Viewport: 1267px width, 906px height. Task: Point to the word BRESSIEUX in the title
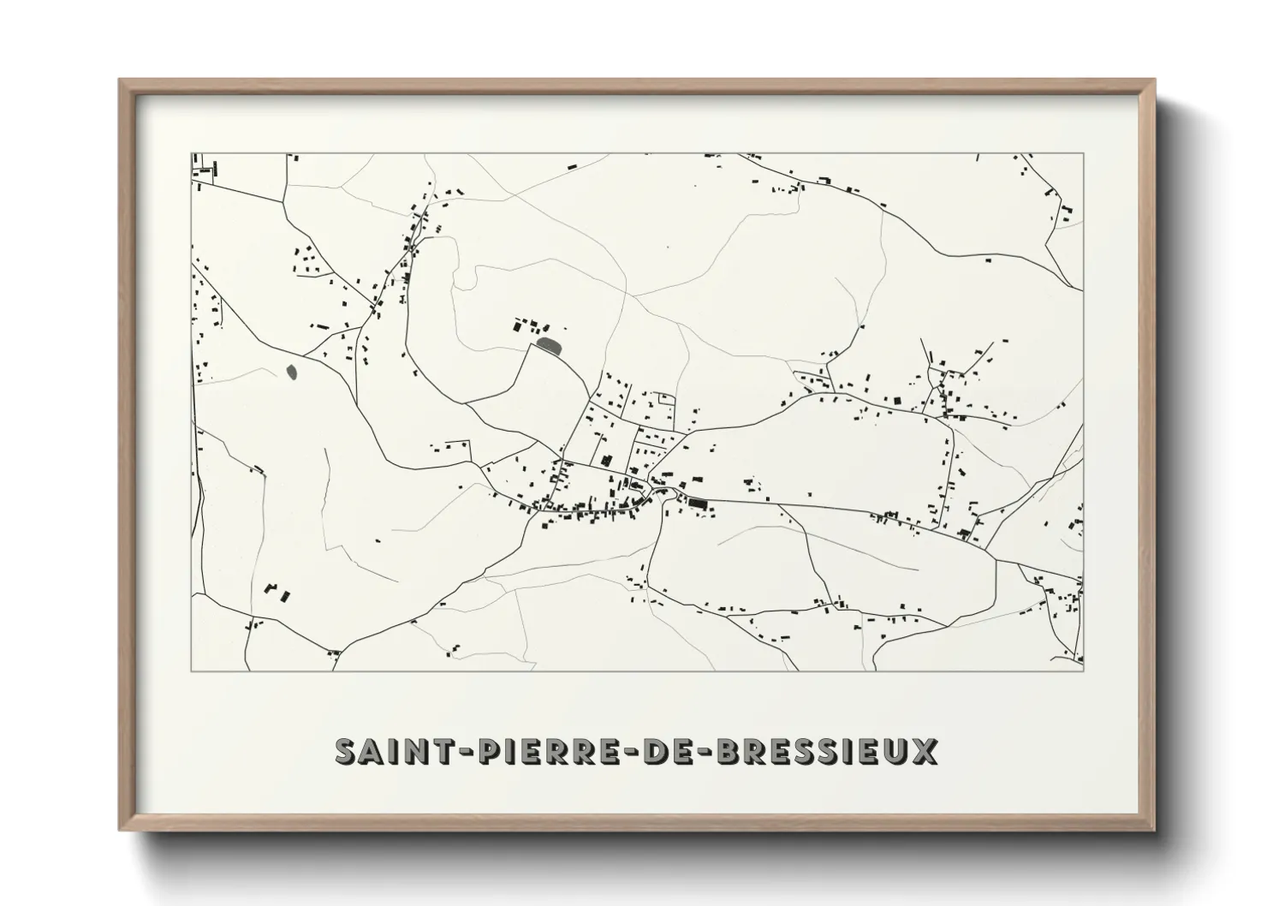pyautogui.click(x=826, y=751)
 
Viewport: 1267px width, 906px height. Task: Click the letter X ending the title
pyautogui.click(x=923, y=751)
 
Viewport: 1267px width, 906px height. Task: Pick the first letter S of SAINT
pyautogui.click(x=347, y=751)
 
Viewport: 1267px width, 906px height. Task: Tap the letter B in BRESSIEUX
pyautogui.click(x=728, y=751)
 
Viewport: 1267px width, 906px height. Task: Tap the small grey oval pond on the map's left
pyautogui.click(x=292, y=373)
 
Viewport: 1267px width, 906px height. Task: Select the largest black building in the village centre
pyautogui.click(x=697, y=505)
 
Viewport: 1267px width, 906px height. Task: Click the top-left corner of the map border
pyautogui.click(x=192, y=153)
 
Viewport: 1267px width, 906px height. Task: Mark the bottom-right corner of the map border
pyautogui.click(x=1083, y=671)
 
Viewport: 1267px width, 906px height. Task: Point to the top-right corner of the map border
pyautogui.click(x=1083, y=153)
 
